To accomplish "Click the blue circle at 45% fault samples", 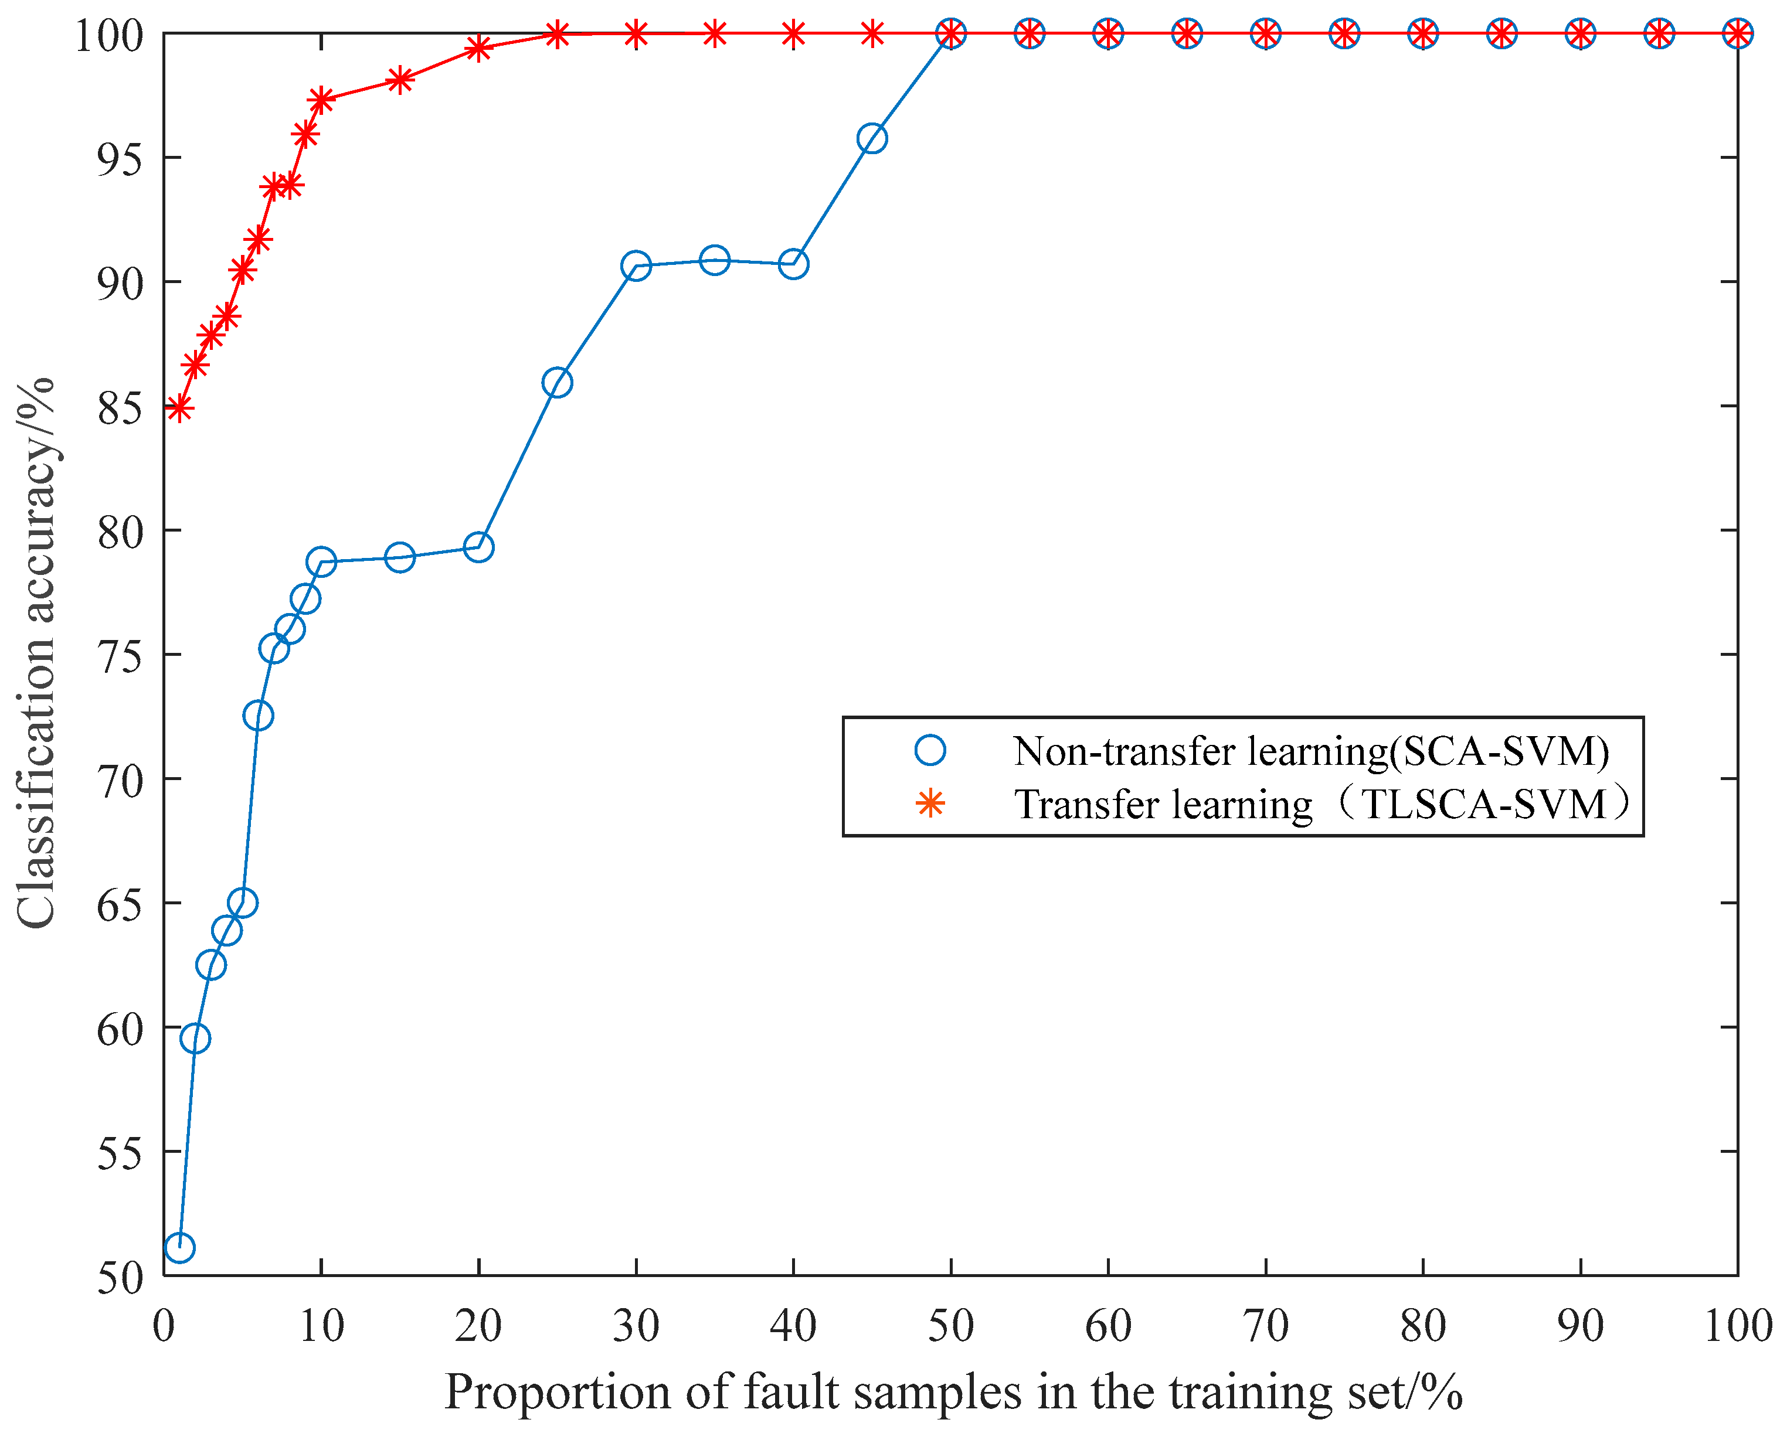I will click(x=872, y=138).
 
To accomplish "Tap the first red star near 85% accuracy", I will click(x=179, y=408).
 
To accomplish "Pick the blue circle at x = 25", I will click(x=556, y=383).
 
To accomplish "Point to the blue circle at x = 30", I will click(x=636, y=266).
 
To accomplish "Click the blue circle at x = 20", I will click(x=478, y=547).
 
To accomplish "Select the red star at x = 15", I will click(x=400, y=80).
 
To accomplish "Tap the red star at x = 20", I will click(x=478, y=48).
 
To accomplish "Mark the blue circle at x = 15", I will click(x=400, y=557).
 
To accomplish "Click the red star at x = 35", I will click(x=714, y=34).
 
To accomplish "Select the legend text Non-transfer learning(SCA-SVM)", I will click(x=1311, y=751).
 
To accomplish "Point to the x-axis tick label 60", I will click(x=1108, y=1326).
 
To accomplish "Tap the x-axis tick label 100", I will click(x=1737, y=1326).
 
